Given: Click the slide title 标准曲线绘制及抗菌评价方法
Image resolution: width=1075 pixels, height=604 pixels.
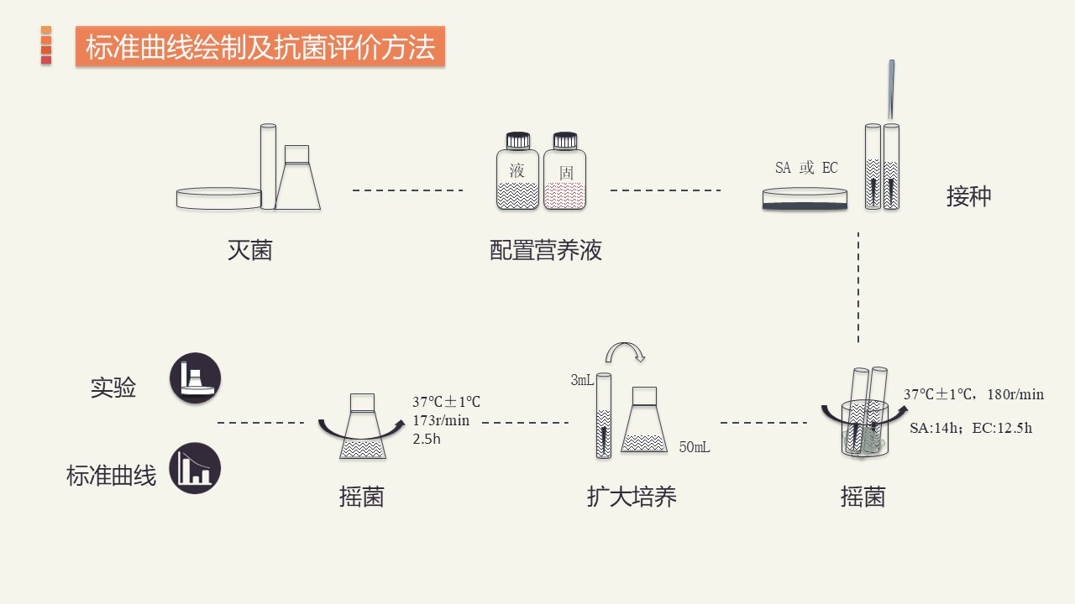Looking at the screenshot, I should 260,47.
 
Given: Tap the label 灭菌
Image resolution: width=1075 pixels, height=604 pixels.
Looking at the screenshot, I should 250,250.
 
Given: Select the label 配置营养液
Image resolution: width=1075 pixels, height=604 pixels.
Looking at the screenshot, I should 546,250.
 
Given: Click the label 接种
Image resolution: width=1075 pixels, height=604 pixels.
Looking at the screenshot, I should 968,196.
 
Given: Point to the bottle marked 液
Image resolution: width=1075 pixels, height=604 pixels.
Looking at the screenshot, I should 517,172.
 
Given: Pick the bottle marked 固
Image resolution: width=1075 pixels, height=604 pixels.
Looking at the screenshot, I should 564,172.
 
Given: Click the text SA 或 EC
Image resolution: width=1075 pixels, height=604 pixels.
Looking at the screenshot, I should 806,168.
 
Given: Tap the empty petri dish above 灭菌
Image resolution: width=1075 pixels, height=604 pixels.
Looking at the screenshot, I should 218,198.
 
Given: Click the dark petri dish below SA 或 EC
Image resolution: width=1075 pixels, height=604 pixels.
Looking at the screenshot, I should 805,199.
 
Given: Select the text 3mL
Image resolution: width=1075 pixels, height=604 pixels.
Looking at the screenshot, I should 582,380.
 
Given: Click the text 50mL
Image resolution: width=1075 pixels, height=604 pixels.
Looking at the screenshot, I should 695,447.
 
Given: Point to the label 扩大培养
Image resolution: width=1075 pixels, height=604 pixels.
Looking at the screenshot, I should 632,497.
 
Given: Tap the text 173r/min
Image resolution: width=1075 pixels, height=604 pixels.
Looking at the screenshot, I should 441,420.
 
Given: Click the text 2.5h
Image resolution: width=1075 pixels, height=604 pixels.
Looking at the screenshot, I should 426,438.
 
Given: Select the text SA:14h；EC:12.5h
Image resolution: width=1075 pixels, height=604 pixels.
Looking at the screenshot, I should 971,428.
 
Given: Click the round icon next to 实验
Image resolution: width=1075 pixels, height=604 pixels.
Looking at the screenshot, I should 196,377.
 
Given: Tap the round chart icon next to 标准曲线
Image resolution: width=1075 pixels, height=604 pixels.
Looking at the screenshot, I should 196,468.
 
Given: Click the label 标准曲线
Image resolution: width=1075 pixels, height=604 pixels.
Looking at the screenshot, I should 112,476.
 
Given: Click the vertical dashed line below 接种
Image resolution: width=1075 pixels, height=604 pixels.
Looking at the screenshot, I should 858,287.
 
